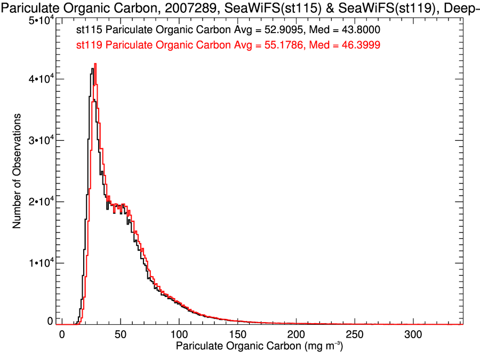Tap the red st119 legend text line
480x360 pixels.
[x=201, y=46]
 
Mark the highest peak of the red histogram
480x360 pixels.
[x=95, y=64]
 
